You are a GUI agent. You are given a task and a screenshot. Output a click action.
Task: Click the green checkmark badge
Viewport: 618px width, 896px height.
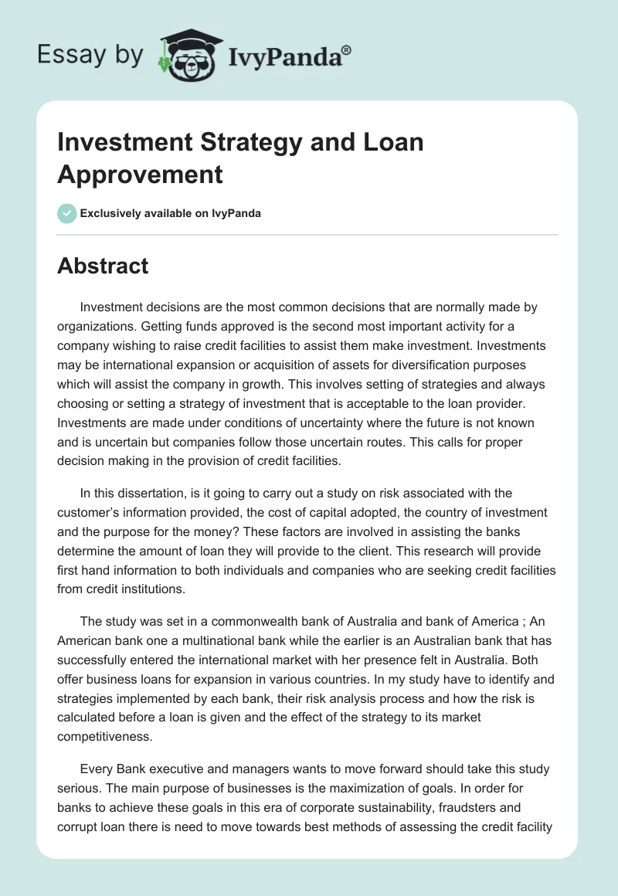(67, 213)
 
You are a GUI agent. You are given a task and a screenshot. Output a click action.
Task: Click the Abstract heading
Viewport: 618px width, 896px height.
(103, 266)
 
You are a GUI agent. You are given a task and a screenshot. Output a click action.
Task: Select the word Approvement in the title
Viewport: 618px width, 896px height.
(140, 174)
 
